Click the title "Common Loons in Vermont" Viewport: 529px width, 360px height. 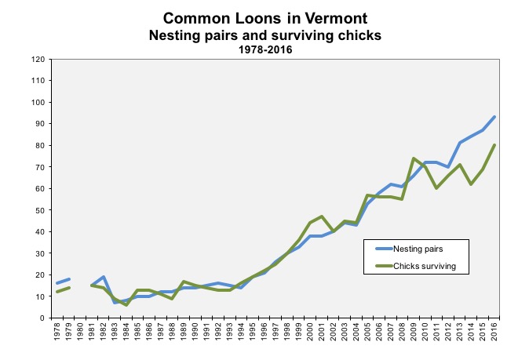point(264,17)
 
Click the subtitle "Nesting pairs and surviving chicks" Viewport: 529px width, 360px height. point(264,35)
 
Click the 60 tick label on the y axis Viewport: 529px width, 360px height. point(38,188)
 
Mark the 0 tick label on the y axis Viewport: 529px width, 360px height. point(41,318)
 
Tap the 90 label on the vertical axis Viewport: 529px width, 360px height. point(38,124)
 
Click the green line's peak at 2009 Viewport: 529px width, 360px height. point(414,158)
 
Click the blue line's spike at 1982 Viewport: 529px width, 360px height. point(104,277)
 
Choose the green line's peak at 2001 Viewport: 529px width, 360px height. point(323,216)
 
